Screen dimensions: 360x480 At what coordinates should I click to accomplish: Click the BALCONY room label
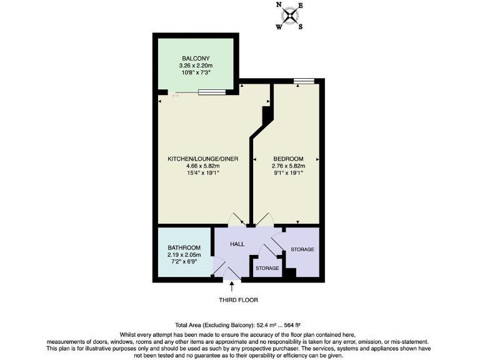click(x=194, y=58)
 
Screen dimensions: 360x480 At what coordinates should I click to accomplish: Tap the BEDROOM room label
click(x=288, y=159)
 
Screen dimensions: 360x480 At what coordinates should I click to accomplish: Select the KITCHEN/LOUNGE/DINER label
click(x=203, y=159)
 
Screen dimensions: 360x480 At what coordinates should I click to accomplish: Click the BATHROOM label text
click(x=184, y=248)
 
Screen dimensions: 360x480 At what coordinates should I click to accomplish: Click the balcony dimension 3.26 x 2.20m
click(x=194, y=65)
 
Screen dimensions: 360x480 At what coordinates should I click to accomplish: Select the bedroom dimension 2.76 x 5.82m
click(x=288, y=166)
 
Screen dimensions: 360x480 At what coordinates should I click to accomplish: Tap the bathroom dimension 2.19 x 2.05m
click(x=184, y=255)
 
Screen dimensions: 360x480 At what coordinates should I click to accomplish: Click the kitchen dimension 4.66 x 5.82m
click(x=203, y=166)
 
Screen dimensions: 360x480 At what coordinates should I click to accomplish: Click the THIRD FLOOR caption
click(x=238, y=300)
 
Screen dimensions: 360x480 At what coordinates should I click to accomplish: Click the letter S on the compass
click(x=301, y=27)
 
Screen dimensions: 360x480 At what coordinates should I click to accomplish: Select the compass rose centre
click(x=289, y=16)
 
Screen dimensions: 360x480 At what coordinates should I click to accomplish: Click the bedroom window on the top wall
click(x=304, y=80)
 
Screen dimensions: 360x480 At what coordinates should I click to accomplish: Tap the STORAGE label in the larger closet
click(x=302, y=249)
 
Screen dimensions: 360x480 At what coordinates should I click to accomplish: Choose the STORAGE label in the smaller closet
click(x=267, y=268)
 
